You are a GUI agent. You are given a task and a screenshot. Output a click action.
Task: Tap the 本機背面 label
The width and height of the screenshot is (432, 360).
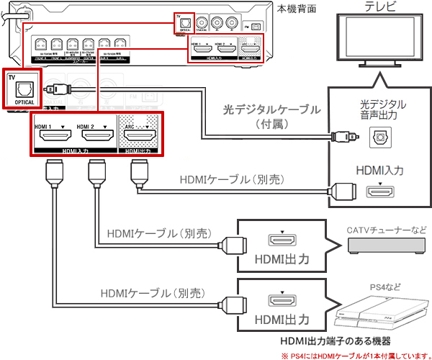[297, 8]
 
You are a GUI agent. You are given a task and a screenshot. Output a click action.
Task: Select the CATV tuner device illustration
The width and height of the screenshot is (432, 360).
[387, 246]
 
